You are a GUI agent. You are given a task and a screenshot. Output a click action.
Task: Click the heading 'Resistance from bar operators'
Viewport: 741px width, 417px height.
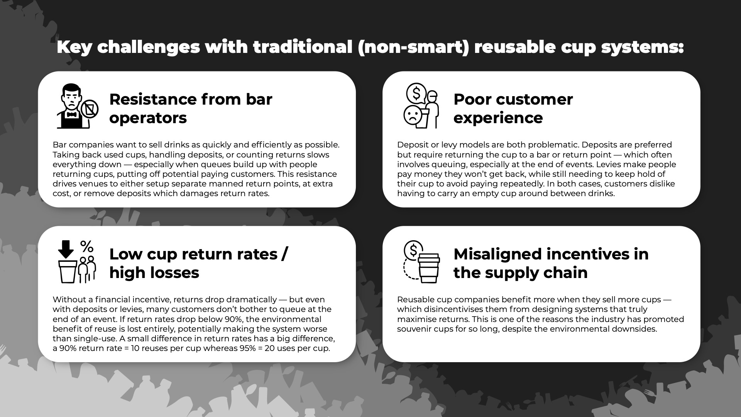click(191, 108)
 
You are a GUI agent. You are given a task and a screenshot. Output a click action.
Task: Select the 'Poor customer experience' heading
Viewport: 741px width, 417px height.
click(513, 108)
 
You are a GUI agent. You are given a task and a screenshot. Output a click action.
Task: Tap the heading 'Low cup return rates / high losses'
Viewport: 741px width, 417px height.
click(198, 263)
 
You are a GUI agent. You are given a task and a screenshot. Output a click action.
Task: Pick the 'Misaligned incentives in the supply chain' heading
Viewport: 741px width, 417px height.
click(551, 263)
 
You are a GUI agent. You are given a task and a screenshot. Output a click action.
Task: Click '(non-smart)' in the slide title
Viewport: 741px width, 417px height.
click(413, 47)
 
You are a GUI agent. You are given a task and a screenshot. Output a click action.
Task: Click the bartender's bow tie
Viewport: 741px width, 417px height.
click(72, 114)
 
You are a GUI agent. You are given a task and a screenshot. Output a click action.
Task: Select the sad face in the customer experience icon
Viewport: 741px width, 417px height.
click(413, 115)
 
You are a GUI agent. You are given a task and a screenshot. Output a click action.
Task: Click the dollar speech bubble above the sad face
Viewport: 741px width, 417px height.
click(416, 93)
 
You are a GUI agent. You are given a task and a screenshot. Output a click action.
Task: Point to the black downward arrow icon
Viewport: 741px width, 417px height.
click(66, 249)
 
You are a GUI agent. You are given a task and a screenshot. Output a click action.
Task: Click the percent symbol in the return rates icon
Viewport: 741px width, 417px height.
click(87, 246)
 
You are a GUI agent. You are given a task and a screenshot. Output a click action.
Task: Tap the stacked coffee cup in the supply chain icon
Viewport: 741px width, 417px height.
click(429, 268)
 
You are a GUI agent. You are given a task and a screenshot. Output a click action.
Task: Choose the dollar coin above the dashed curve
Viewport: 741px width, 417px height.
click(413, 251)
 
